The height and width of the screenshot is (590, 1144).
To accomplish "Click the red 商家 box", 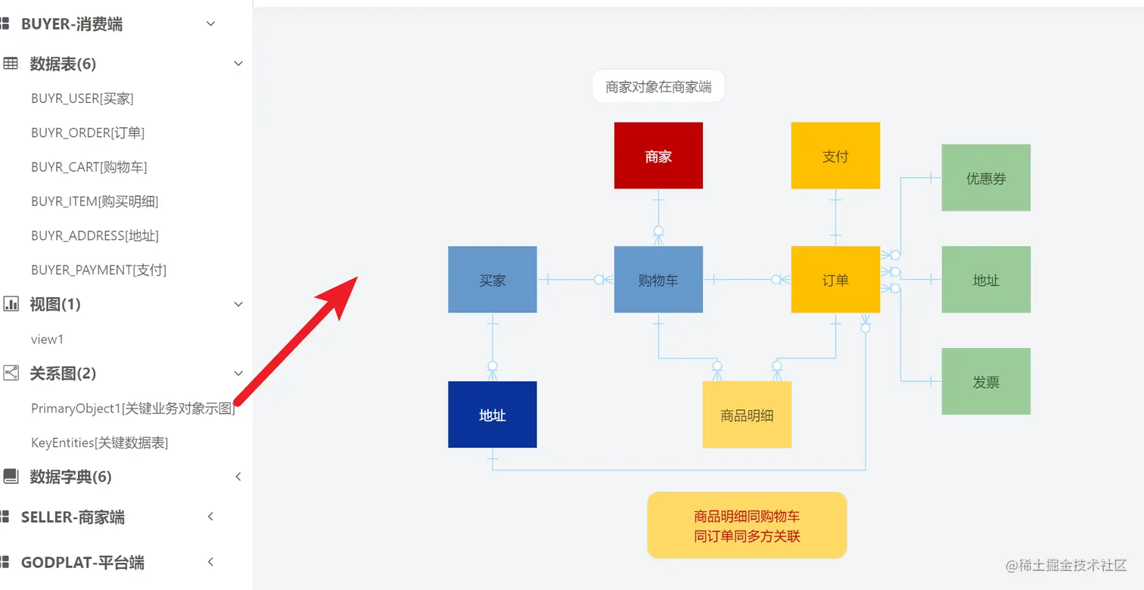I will click(x=658, y=156).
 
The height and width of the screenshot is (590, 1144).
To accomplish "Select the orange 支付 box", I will click(x=835, y=156).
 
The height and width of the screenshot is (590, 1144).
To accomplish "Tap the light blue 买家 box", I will click(x=492, y=280).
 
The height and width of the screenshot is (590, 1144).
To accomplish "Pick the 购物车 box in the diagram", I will click(x=658, y=280).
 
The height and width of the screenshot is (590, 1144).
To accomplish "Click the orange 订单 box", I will click(x=835, y=280).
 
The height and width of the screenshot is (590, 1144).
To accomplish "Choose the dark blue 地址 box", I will click(x=492, y=415).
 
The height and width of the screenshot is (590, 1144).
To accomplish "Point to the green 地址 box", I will click(x=986, y=280).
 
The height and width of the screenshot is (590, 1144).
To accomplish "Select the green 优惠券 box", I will click(x=986, y=178).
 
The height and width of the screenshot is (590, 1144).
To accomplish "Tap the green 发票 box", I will click(x=986, y=381).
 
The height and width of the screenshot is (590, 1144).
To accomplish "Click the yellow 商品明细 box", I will click(x=747, y=415).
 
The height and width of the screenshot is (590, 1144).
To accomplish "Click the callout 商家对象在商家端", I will click(x=658, y=86).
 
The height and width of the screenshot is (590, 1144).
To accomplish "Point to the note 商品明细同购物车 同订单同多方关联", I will click(x=747, y=526).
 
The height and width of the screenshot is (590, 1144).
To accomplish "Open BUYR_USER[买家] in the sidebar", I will click(x=82, y=98).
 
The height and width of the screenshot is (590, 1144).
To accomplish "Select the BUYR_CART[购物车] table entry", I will click(x=89, y=167).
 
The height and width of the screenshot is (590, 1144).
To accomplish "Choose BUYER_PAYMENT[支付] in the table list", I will click(x=98, y=270).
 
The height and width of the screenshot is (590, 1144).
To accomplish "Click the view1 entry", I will click(x=47, y=339).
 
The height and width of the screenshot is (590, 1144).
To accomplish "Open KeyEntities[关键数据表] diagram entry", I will click(x=99, y=442).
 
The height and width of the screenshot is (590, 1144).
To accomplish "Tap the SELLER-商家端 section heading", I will click(x=73, y=517).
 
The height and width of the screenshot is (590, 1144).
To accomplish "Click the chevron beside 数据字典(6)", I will click(x=238, y=477).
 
